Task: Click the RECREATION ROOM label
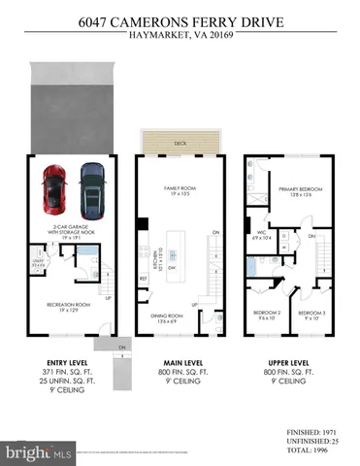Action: pyautogui.click(x=68, y=305)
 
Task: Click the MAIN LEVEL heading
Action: pyautogui.click(x=180, y=361)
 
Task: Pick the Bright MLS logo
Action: pyautogui.click(x=39, y=452)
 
